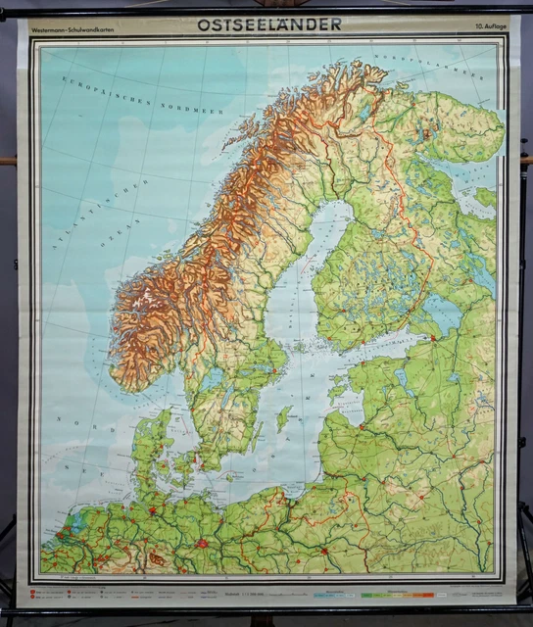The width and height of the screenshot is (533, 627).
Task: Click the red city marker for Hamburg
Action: click(x=153, y=509)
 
